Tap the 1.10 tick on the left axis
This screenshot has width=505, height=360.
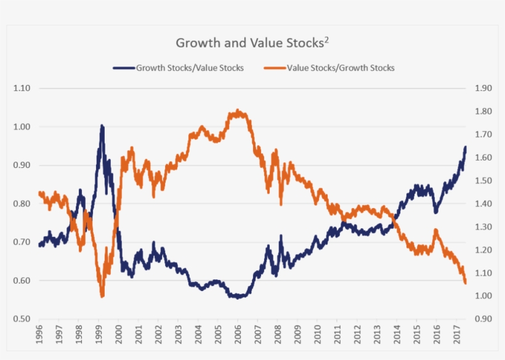point(22,89)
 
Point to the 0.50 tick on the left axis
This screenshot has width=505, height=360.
point(22,319)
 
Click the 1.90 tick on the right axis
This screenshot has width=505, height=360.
point(484,89)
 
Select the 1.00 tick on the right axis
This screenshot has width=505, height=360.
point(484,296)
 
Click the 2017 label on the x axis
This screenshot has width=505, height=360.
point(456,336)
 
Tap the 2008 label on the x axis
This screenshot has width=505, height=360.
point(278,336)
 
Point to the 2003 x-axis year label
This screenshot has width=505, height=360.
point(179,336)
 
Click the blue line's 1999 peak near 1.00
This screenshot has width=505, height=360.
point(102,126)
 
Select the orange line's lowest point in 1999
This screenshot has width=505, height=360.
point(102,296)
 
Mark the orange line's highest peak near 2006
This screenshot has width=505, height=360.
point(238,111)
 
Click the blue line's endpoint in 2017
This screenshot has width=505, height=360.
point(466,147)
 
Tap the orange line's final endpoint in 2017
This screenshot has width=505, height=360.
point(466,282)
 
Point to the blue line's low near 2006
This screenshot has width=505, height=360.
point(238,297)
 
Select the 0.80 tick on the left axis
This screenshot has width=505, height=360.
point(22,204)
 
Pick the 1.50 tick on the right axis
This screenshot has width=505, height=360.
point(484,181)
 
